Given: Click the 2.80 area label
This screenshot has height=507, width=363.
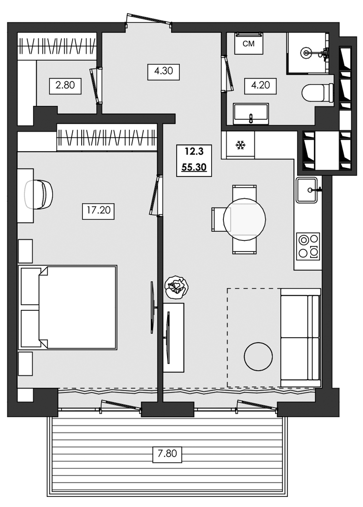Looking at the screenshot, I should tap(65, 85).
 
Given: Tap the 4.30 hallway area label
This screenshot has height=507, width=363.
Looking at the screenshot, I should tap(163, 71).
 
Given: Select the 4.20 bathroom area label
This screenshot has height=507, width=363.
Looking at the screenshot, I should tap(260, 85).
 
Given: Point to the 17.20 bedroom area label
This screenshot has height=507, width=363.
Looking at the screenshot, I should tap(98, 210).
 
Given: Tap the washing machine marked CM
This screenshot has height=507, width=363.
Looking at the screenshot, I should tap(248, 44).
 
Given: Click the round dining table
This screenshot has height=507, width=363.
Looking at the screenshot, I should tap(244, 219).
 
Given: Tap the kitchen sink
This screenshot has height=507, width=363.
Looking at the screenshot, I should tap(307, 190).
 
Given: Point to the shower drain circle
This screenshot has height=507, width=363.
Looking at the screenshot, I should tap(307, 51).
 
